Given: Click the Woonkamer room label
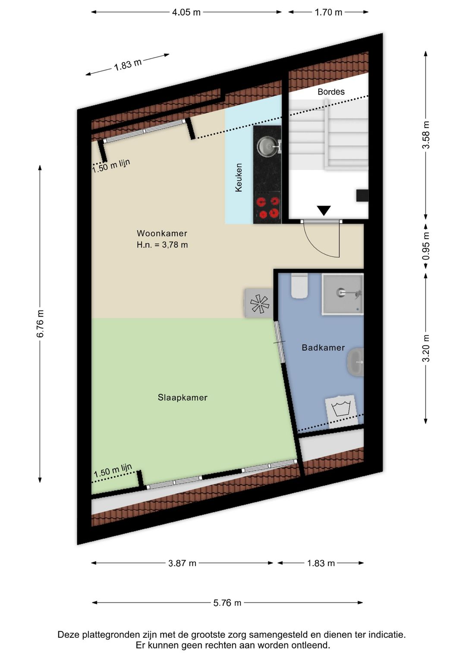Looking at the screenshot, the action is (162, 233).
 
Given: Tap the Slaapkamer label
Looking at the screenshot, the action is (183, 397).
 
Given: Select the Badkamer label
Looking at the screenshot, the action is (323, 348).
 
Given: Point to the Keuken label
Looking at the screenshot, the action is (239, 177).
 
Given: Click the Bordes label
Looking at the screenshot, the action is (331, 92).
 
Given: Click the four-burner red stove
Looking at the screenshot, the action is (268, 207).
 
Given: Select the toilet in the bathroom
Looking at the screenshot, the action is (299, 285).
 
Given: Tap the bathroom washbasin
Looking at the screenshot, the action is (355, 362).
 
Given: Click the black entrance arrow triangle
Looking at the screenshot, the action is (324, 210).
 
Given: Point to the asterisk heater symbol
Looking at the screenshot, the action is (259, 304).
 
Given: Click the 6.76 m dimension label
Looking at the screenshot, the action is (40, 323).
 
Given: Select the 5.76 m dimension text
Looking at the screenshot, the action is (227, 603).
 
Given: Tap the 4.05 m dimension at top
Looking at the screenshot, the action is (186, 13).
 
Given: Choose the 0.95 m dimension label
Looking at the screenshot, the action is (426, 246).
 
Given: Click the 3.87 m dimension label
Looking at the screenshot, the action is (182, 563).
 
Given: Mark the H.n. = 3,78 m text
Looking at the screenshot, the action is (162, 245).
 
